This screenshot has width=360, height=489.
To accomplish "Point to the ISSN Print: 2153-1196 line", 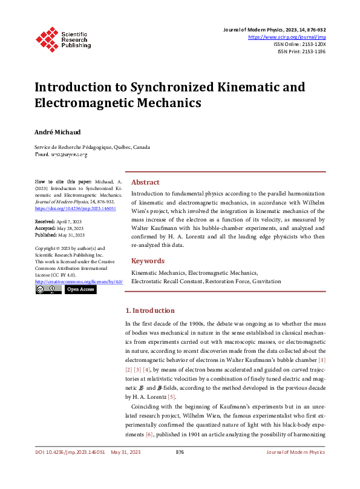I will tap(301, 52).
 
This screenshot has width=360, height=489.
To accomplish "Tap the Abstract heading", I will tap(145, 182).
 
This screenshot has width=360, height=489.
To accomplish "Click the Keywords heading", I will tap(148, 261).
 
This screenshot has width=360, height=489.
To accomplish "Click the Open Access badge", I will tap(80, 290).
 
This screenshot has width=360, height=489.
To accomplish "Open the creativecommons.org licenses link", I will tap(74, 282).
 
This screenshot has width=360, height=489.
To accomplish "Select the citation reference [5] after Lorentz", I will tap(171, 396).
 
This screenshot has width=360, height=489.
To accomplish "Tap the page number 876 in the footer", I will tap(180, 469).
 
